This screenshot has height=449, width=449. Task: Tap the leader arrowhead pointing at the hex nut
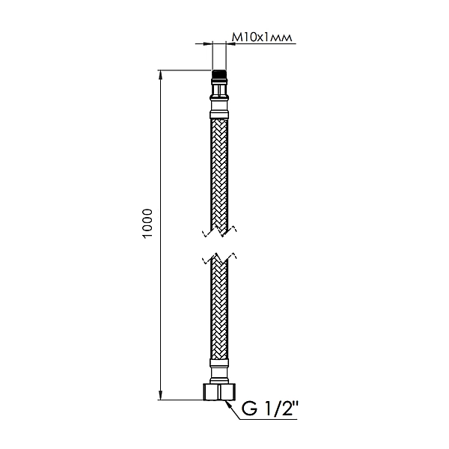pos(226,401)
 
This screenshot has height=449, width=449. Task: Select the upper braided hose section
pos(219,172)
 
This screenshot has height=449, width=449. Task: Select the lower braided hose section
pos(219,314)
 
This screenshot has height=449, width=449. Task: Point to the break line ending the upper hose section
pos(219,227)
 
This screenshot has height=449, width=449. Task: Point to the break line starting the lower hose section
pos(219,258)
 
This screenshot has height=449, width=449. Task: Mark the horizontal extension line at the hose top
pos(183,70)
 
